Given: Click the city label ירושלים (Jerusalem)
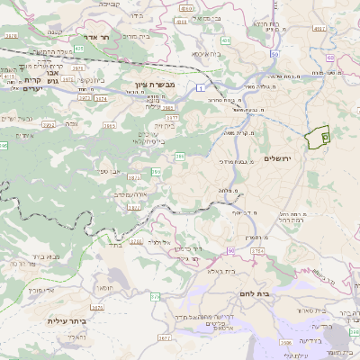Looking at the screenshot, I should coord(280,157).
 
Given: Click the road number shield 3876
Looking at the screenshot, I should coord(135,241).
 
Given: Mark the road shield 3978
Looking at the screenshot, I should coord(11,35).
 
